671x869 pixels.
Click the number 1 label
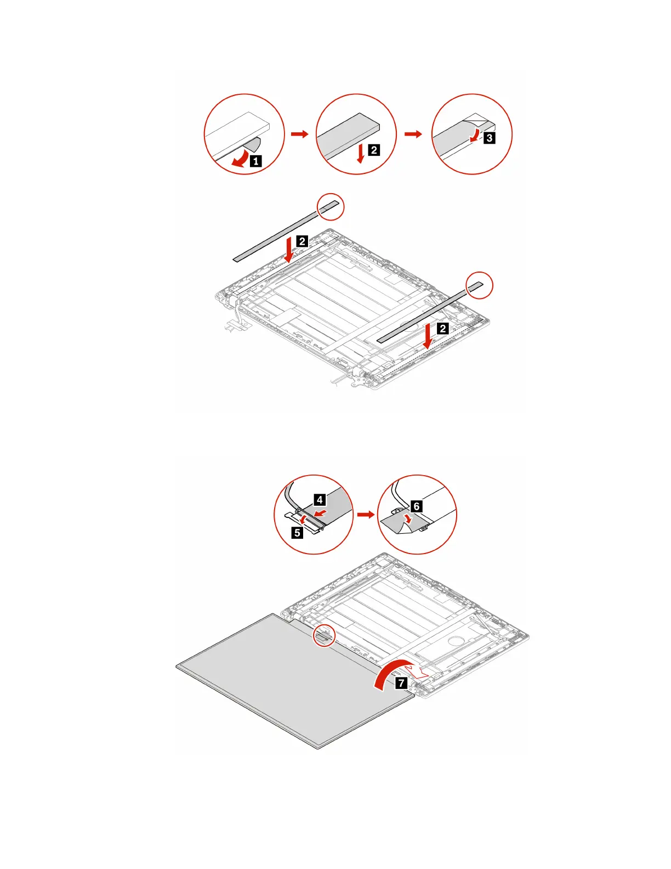[255, 161]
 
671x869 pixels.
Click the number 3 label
[489, 138]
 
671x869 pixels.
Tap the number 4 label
[320, 499]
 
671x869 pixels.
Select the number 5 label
[297, 532]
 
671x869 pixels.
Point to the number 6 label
[416, 506]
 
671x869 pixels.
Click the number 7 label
[402, 683]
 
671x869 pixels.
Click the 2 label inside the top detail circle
[373, 150]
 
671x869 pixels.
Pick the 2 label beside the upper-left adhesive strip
[302, 240]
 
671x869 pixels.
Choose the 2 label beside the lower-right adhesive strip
[442, 329]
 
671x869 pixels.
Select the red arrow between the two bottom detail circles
[365, 515]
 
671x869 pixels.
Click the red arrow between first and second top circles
[300, 134]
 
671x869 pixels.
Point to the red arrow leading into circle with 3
[413, 134]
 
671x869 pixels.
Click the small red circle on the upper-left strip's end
[331, 206]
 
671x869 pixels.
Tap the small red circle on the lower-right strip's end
[480, 285]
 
